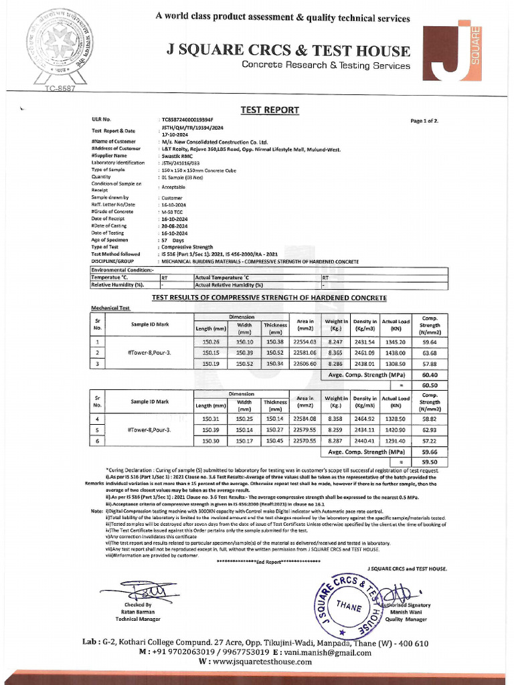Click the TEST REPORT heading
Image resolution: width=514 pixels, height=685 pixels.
coord(270,110)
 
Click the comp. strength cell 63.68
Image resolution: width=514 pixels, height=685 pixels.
coord(430,353)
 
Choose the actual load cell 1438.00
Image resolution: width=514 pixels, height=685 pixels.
coord(395,353)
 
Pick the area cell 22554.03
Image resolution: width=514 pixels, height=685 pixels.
coord(305,341)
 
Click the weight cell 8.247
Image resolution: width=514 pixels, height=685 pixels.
coord(337,341)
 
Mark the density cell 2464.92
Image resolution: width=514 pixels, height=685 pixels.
coord(365,419)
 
